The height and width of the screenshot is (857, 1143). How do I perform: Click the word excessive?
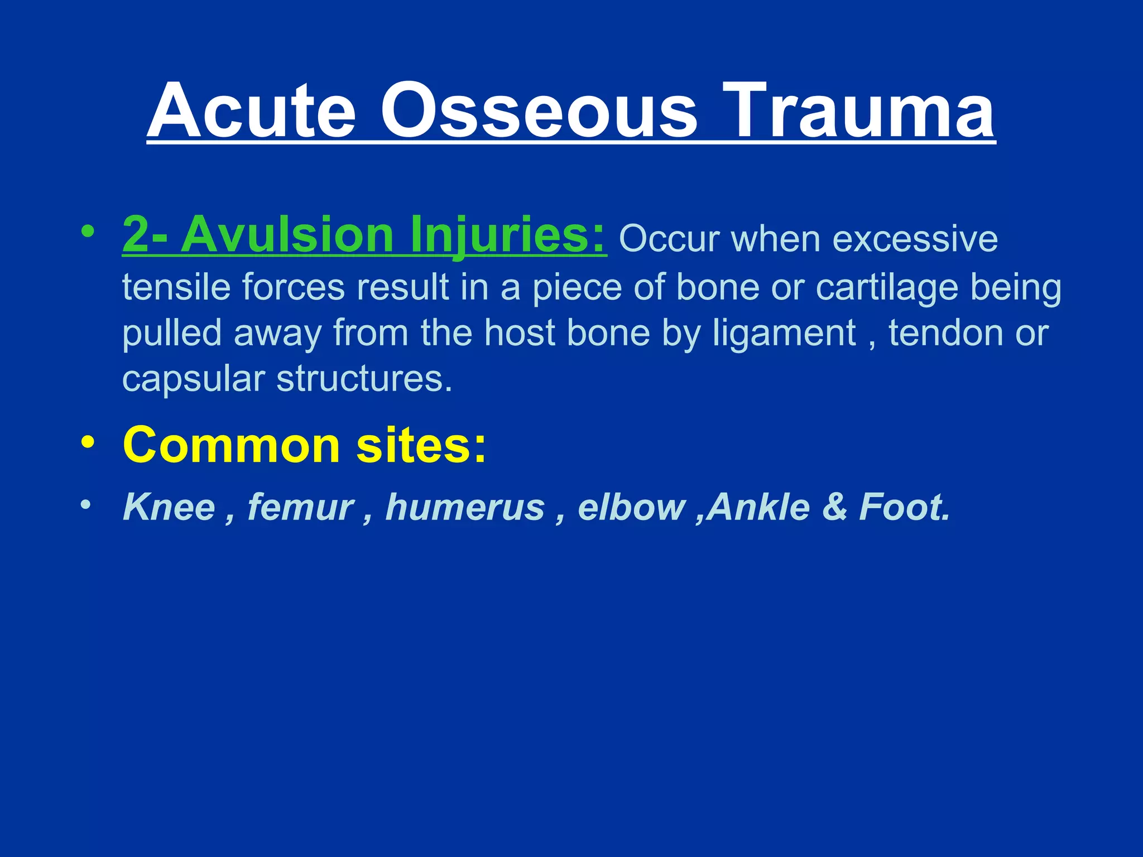(x=915, y=240)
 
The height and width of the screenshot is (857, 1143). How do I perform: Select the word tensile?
(x=176, y=287)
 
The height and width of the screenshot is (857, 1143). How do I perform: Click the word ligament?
(x=784, y=334)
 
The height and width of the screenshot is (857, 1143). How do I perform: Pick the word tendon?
(x=946, y=333)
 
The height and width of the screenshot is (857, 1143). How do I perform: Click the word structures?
(x=364, y=379)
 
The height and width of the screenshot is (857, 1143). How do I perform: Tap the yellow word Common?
(x=231, y=445)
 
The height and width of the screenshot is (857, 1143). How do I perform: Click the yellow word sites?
(x=421, y=445)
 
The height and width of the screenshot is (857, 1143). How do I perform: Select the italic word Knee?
(x=169, y=507)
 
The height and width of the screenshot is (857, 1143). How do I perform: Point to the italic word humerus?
(x=465, y=507)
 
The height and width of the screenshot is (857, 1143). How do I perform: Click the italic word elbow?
(x=631, y=507)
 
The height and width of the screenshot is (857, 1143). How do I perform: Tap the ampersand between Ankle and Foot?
(x=834, y=507)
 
